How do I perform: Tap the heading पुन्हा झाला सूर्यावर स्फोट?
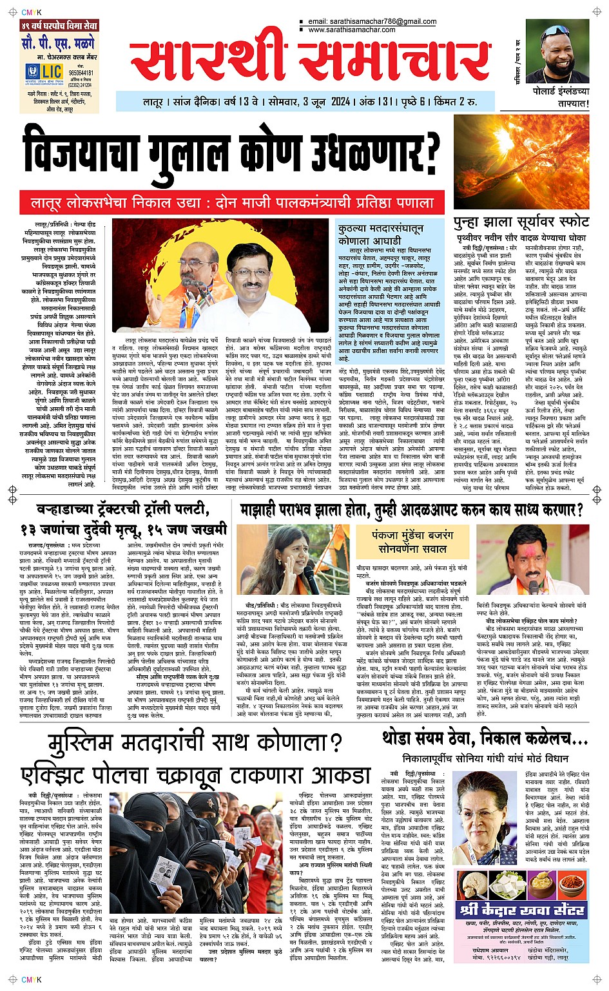pos(521,222)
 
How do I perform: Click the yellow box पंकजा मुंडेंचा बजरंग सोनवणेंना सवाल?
pos(412,542)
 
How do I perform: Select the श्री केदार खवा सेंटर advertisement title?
pos(521,909)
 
